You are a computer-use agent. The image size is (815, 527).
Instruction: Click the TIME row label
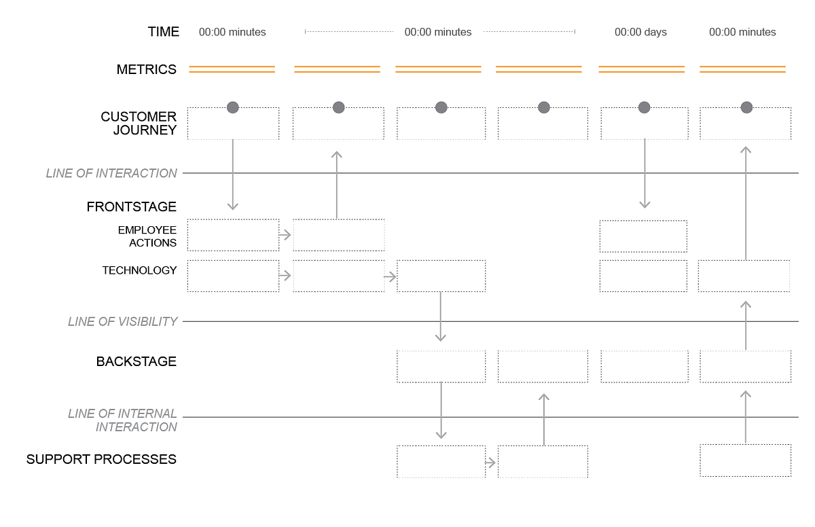[x=164, y=32]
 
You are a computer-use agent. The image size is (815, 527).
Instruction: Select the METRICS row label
[x=147, y=69]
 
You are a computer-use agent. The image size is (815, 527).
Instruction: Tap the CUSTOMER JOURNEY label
[x=139, y=124]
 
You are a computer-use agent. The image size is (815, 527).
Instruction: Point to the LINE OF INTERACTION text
[x=111, y=173]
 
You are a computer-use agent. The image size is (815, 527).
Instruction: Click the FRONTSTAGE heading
[x=132, y=207]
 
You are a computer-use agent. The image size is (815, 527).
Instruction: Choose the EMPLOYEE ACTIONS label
[x=147, y=236]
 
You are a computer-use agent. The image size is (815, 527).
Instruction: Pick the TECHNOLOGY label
[x=139, y=270]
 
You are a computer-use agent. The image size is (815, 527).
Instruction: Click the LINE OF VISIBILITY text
[x=122, y=321]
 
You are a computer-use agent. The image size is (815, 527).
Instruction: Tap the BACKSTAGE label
[x=137, y=361]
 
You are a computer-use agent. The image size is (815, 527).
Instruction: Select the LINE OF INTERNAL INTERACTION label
[x=122, y=420]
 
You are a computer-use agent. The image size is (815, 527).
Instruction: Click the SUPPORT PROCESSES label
[x=101, y=460]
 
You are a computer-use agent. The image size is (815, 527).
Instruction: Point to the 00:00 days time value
[x=640, y=32]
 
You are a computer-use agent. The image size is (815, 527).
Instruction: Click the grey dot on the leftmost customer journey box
[x=233, y=107]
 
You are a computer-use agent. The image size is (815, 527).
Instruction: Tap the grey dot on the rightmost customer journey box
[x=746, y=107]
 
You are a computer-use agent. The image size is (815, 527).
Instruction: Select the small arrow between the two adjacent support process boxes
[x=491, y=462]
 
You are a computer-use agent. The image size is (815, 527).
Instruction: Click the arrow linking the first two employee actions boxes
[x=285, y=235]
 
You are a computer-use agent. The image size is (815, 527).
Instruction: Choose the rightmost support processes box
[x=745, y=460]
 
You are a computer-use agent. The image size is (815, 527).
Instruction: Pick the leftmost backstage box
[x=441, y=366]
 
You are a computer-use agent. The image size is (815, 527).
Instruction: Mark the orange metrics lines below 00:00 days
[x=641, y=69]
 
